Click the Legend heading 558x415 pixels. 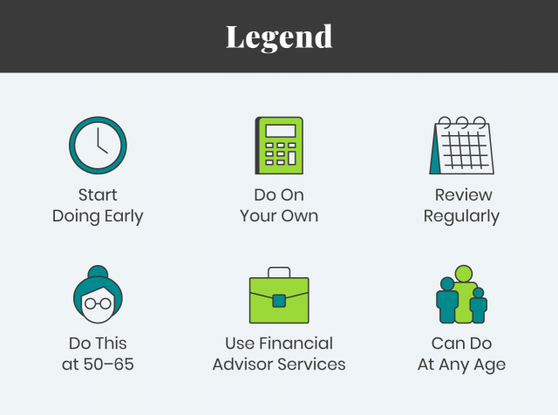[279, 37]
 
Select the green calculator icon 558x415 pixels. [279, 146]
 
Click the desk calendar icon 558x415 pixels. [462, 146]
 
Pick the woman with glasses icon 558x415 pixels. [98, 295]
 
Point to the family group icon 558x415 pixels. [462, 295]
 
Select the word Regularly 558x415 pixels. [461, 216]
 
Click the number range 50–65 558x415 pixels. [108, 364]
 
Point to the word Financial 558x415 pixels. [296, 344]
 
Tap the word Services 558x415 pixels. [311, 364]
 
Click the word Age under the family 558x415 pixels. [490, 365]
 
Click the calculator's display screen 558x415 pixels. [281, 131]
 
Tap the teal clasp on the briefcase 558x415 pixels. [279, 301]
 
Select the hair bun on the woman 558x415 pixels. [98, 272]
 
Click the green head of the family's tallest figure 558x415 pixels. [464, 274]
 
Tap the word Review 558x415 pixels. [464, 195]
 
